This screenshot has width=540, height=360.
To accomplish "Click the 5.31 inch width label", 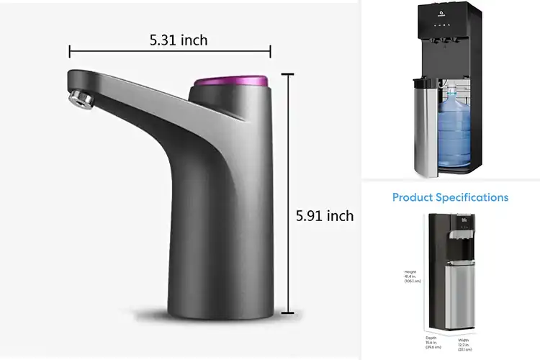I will coord(179,40).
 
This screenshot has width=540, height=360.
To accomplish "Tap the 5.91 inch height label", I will coord(325,215).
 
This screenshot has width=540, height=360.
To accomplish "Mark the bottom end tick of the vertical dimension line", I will coord(288,313).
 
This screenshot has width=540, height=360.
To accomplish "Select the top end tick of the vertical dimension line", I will coord(288,73).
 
